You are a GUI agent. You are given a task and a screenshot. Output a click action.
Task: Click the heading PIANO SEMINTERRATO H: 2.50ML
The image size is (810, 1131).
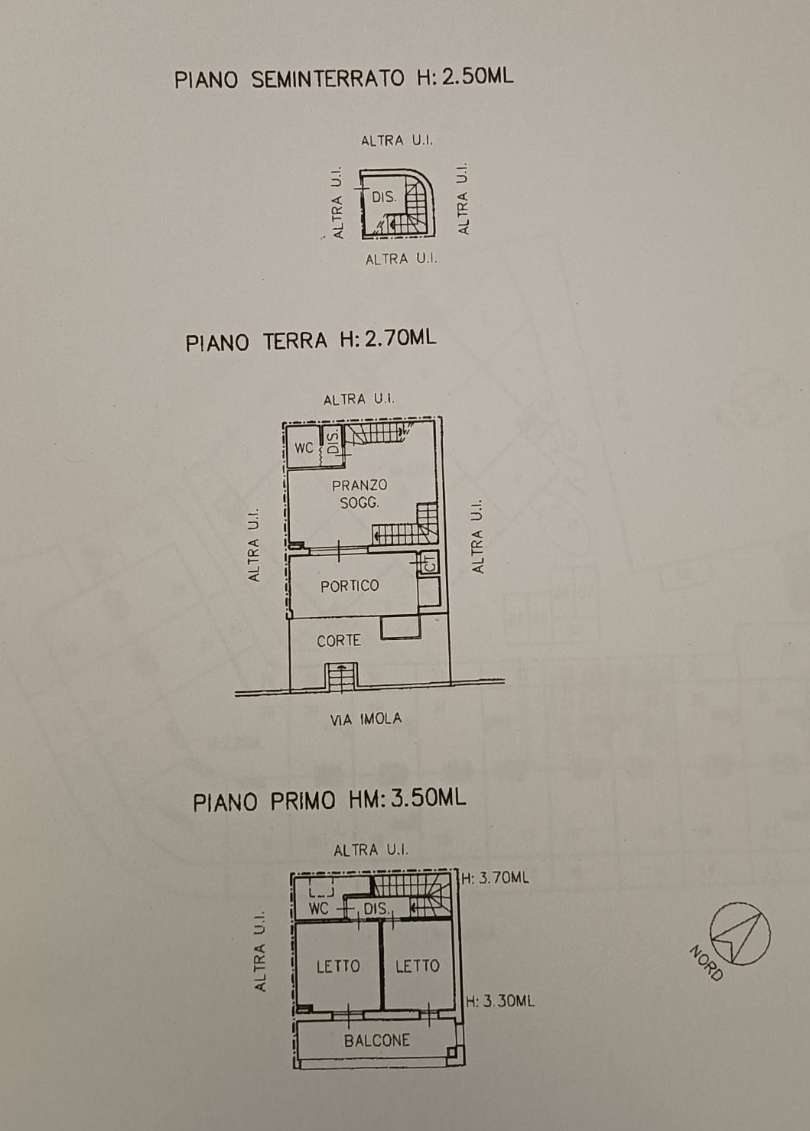coord(344,78)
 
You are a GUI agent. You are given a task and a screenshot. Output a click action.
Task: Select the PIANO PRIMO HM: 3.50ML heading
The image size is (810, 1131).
coord(329,800)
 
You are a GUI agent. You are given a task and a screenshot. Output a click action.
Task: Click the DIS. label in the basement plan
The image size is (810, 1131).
coord(384,197)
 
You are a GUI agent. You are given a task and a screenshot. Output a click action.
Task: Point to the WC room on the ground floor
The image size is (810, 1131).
coord(304,447)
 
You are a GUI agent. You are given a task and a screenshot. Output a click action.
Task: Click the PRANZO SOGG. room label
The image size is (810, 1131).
coord(359,494)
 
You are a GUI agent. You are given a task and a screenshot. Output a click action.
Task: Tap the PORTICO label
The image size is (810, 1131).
coord(350,586)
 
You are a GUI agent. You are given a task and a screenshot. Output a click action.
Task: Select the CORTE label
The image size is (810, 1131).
coord(339,641)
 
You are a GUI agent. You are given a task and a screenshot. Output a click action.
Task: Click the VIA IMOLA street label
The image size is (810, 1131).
coord(366,719)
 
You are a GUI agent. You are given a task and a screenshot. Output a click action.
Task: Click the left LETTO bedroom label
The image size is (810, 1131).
coord(338,966)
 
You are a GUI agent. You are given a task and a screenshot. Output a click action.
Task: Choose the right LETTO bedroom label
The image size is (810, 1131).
coord(418,966)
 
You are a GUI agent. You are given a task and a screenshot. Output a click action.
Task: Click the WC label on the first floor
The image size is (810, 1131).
coord(319,908)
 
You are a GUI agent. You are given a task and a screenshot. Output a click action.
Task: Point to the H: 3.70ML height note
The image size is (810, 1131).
coord(496,878)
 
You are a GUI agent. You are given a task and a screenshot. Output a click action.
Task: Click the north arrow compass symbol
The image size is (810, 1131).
coord(740,934)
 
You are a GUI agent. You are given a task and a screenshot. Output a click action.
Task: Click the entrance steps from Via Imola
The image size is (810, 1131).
coord(342,676)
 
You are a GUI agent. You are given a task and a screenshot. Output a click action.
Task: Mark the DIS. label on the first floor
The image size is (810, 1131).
coord(376,909)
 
